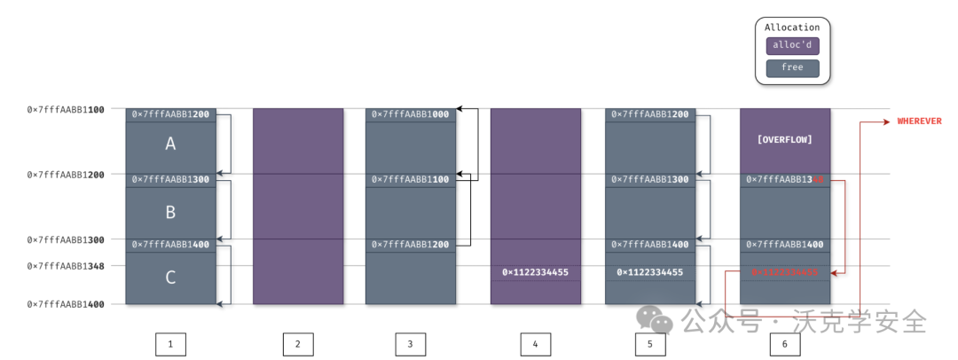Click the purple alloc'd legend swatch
point(792,46)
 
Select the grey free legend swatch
point(792,67)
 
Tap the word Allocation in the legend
point(792,27)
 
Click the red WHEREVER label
point(919,121)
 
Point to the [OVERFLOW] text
point(784,140)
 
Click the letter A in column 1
point(170,144)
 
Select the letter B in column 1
point(170,212)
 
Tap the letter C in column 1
point(170,278)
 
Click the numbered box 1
point(170,344)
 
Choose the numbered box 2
point(298,344)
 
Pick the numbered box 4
point(536,344)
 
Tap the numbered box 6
point(784,344)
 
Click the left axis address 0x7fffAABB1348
point(67,266)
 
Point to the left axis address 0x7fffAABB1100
point(67,110)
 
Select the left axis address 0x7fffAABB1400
point(67,304)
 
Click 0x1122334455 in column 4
point(535,272)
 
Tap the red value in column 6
point(784,272)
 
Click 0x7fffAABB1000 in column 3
point(410,114)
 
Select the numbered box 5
point(650,344)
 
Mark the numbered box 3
point(411,344)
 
